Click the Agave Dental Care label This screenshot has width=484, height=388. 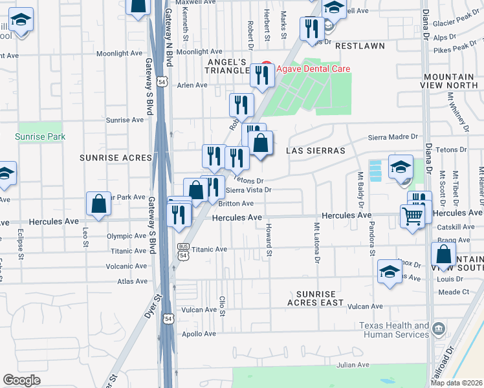[x=314, y=69]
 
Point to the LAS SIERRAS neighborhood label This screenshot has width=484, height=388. [x=316, y=150]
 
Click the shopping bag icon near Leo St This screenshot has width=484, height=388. [x=98, y=204]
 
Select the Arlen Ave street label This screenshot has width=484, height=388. [x=192, y=85]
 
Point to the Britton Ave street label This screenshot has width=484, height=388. [x=236, y=204]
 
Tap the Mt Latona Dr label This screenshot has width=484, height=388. [x=317, y=243]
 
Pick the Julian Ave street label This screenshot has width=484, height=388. [x=353, y=365]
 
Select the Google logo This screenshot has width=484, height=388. [x=21, y=380]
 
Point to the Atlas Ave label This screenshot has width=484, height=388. [x=133, y=281]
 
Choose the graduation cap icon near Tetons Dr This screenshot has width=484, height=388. [x=401, y=166]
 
